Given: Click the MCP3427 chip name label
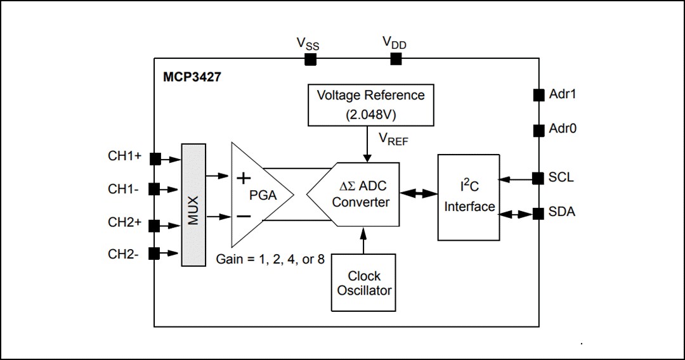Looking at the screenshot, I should click(x=192, y=78).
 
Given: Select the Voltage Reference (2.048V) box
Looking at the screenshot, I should click(x=370, y=105).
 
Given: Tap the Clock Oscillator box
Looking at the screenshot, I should click(x=363, y=283).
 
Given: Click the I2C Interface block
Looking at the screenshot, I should click(x=469, y=197).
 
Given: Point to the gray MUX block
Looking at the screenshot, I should click(x=194, y=205).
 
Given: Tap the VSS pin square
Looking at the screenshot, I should click(x=310, y=59).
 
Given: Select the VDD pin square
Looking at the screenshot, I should click(x=396, y=59).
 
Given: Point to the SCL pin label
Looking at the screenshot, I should click(x=561, y=177).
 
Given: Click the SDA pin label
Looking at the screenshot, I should click(x=562, y=212).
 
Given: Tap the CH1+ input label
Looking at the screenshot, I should click(x=125, y=156).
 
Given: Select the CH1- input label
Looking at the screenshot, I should click(x=124, y=188).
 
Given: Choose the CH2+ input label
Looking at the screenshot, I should click(x=125, y=223).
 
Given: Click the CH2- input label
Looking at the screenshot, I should click(x=124, y=254).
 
